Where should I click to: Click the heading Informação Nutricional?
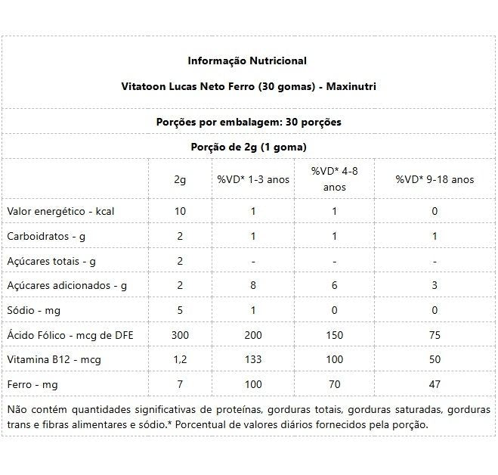[247, 61]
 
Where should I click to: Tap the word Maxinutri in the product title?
[351, 86]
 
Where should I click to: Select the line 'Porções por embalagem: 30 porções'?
[248, 121]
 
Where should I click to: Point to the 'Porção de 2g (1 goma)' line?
[248, 147]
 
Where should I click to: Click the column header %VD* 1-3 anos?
[253, 179]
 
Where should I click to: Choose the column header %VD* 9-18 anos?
[435, 179]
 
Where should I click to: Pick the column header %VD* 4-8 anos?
[335, 179]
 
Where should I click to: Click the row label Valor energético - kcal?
[60, 211]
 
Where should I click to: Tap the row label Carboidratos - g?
[46, 236]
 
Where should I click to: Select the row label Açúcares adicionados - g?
[67, 285]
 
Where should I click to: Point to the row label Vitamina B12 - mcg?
[54, 360]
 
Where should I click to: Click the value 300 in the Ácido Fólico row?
[180, 335]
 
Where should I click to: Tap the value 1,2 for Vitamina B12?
[180, 360]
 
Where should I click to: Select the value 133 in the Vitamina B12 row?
[253, 360]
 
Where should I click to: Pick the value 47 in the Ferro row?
[435, 384]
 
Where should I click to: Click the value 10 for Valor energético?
[180, 211]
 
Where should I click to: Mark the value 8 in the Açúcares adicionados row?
[253, 285]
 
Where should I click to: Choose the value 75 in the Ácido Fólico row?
[435, 335]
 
